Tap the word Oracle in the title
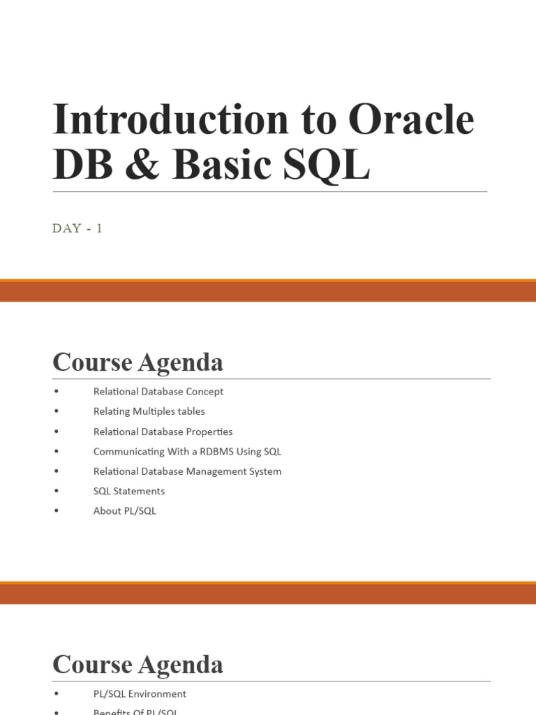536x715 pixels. point(411,119)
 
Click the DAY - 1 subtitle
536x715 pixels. point(77,228)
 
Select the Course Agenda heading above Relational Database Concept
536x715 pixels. point(137,362)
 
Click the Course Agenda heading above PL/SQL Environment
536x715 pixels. point(137,664)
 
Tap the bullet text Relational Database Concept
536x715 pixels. point(158,392)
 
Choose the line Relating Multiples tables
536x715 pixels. point(149,411)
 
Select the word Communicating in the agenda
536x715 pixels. point(128,452)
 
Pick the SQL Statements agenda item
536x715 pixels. point(129,491)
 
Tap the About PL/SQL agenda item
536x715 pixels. point(124,511)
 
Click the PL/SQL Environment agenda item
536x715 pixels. point(140,694)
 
